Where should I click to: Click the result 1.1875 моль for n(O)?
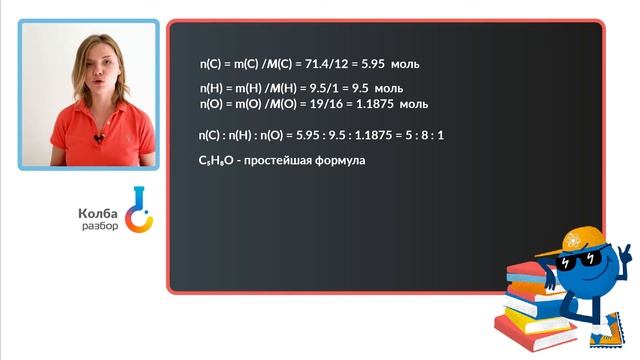[398, 103]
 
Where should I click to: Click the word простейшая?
[285, 160]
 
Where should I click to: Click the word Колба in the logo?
[97, 213]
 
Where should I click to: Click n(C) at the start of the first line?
[214, 64]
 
